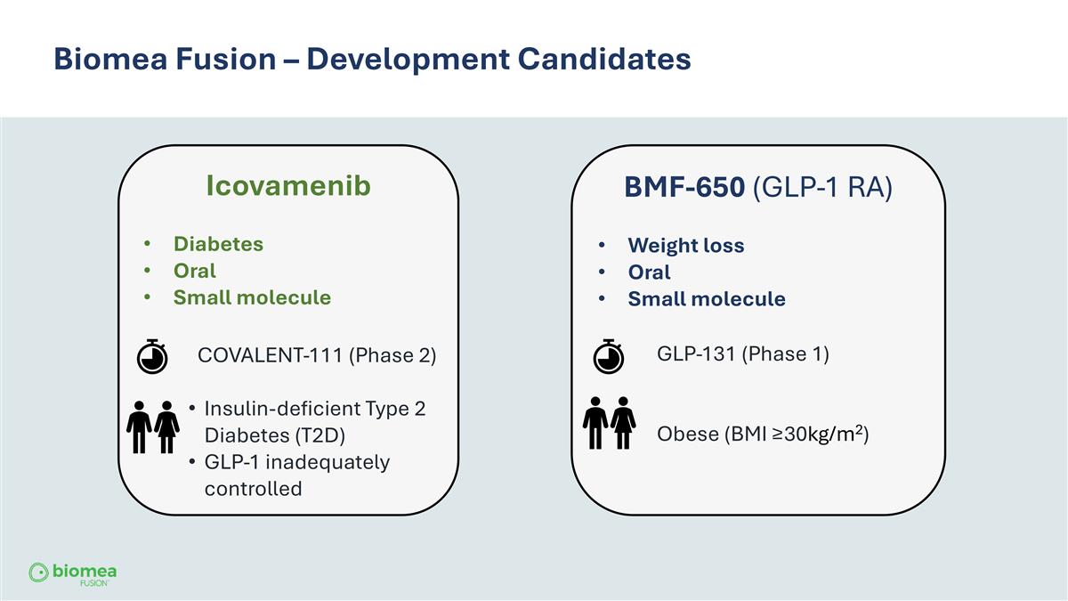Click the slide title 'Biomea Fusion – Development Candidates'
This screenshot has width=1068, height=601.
point(372,59)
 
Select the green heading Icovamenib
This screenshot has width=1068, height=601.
point(287,186)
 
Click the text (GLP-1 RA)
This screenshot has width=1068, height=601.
point(822,189)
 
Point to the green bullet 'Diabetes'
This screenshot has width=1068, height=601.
point(218,244)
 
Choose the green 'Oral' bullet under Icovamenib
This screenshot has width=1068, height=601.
point(194,271)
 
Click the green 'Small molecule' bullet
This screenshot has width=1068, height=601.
point(252,297)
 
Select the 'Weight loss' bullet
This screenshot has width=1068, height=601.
point(685,246)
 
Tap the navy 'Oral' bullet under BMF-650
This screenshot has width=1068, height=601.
point(649,272)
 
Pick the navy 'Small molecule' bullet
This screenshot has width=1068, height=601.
point(707,299)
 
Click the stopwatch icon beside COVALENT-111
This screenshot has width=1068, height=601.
point(152,355)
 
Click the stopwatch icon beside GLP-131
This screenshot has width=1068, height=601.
point(608,355)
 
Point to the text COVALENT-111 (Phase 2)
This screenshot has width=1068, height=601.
point(316,355)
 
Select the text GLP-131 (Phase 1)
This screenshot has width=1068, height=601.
point(742,353)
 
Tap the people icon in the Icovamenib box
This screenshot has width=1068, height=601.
point(152,426)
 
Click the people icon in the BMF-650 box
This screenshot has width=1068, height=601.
point(609,424)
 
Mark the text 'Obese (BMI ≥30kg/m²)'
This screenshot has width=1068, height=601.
point(762,434)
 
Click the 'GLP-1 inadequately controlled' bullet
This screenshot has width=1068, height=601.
point(296,475)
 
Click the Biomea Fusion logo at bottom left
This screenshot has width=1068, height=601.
point(73,573)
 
